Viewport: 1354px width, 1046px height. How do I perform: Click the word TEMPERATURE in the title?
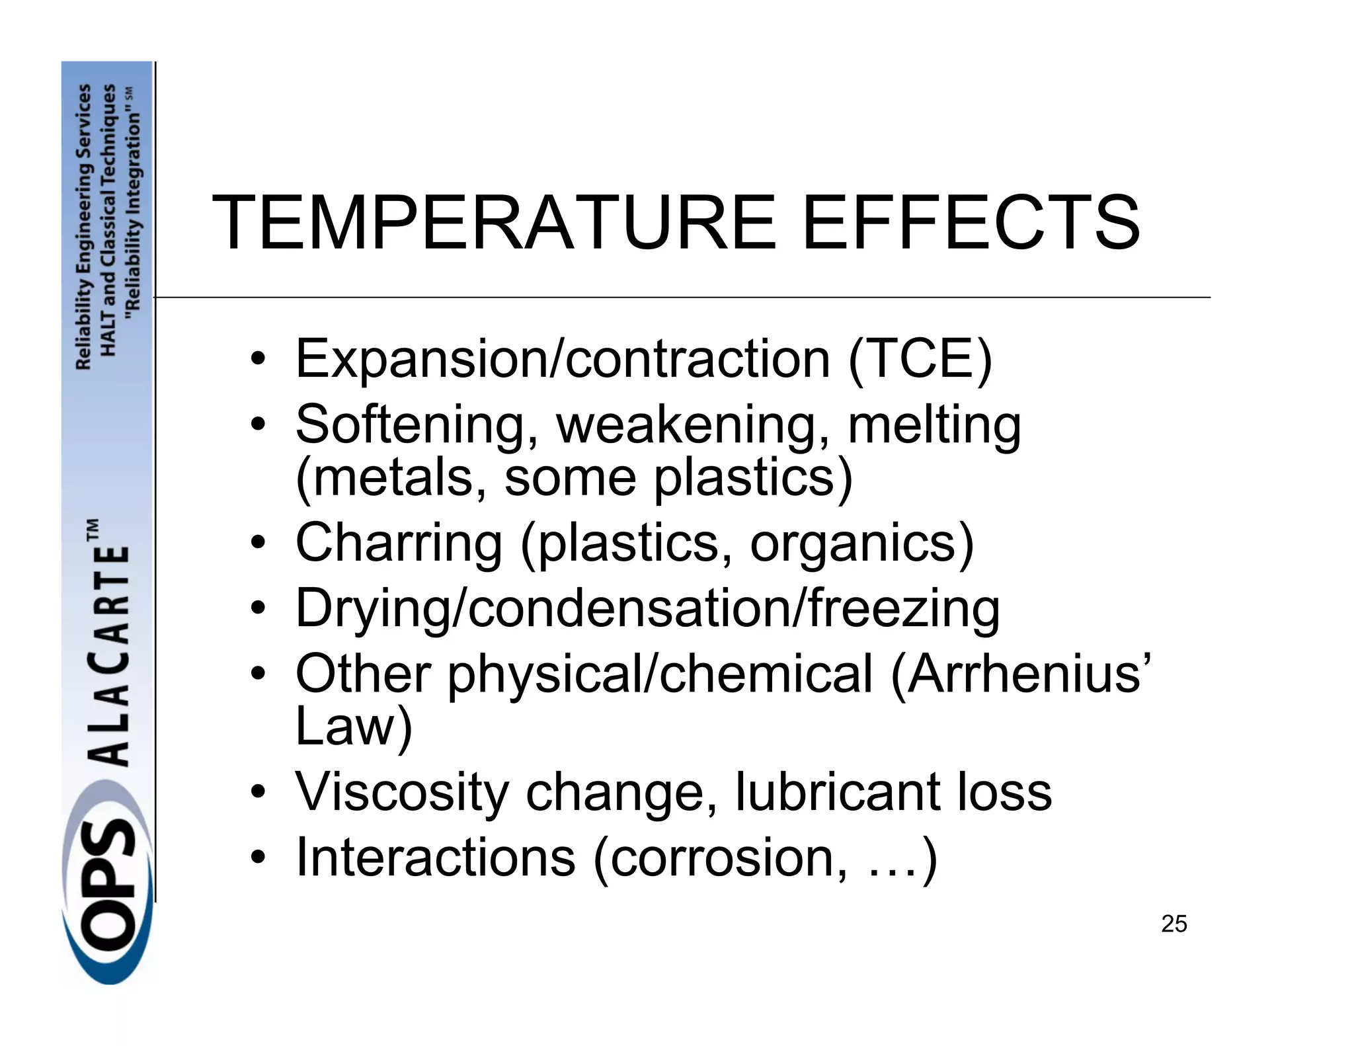493,223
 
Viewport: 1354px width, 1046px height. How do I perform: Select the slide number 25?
1174,924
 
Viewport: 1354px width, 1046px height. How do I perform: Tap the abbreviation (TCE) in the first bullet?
920,359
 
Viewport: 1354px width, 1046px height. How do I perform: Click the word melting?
934,424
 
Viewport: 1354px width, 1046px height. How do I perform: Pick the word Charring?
399,543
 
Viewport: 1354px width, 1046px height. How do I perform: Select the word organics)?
861,543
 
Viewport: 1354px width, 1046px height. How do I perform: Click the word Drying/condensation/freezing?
647,609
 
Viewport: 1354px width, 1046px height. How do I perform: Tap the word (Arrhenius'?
1021,674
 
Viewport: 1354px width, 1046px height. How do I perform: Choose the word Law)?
354,727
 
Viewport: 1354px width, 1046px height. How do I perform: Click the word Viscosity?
401,792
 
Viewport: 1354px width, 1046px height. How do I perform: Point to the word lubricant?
838,792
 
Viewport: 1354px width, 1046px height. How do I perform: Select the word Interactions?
435,858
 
